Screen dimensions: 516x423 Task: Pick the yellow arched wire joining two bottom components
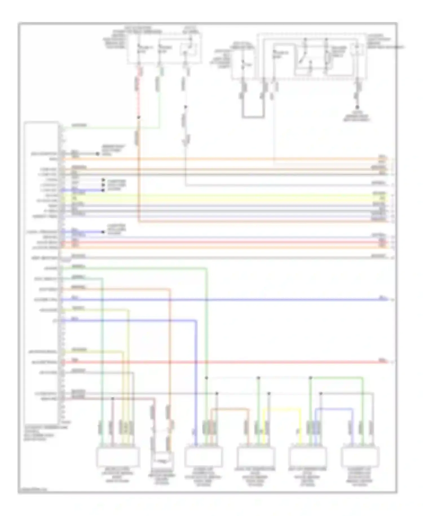282,409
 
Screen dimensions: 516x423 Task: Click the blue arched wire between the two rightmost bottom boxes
334,408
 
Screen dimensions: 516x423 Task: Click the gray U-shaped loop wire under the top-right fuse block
253,116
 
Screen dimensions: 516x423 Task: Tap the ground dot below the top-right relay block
357,107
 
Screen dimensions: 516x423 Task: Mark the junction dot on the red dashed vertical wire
138,117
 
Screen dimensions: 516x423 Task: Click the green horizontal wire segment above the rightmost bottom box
337,377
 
